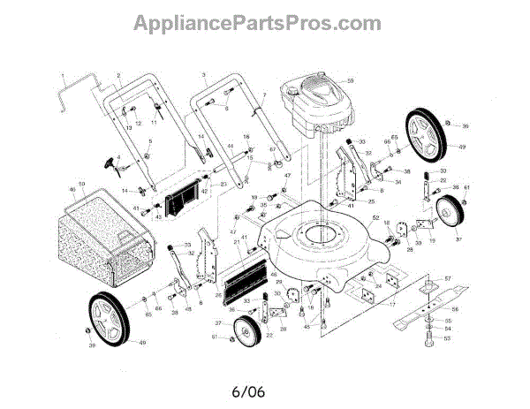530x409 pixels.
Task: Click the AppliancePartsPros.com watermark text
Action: click(265, 21)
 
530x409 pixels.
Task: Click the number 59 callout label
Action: click(350, 81)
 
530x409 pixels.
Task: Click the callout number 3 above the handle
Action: click(203, 74)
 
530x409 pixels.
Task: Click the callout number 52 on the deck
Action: click(375, 218)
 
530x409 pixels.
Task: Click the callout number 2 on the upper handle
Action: click(118, 77)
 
